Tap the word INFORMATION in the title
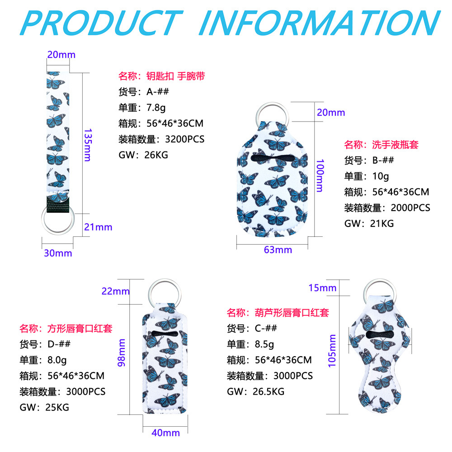click(319, 21)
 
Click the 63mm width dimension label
click(278, 250)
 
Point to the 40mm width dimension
click(165, 433)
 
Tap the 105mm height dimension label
click(332, 351)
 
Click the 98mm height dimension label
click(121, 352)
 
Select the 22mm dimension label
click(115, 291)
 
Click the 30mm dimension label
click(58, 253)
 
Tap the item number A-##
click(157, 92)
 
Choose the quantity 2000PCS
click(407, 207)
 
